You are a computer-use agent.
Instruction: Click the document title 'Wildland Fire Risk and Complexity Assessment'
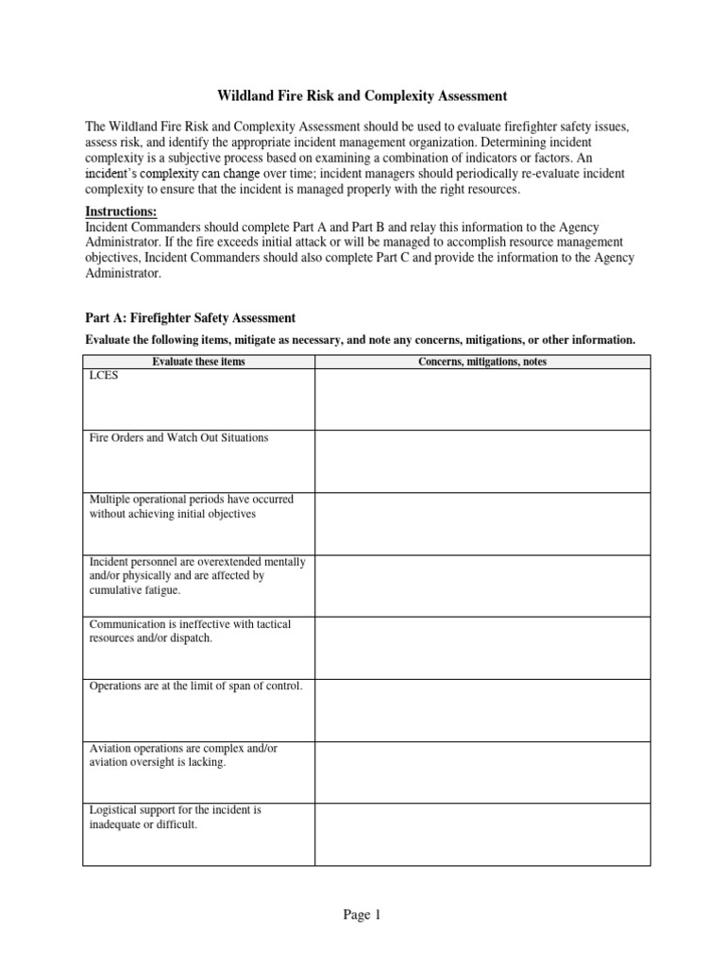pos(362,95)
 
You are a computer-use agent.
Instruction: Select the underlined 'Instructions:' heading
pos(121,211)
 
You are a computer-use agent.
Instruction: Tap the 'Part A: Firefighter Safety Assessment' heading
pos(191,317)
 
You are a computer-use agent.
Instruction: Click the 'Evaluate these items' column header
pos(198,362)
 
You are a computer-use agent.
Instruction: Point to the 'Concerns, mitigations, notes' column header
pos(482,362)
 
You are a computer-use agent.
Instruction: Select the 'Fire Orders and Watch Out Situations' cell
pos(178,438)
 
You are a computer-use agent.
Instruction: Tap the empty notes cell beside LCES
pos(482,399)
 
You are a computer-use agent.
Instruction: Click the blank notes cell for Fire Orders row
pos(482,462)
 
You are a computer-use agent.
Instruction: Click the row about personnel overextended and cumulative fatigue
pos(196,576)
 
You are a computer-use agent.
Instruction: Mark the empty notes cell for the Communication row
pos(482,649)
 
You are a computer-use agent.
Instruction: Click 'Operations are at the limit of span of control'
pos(195,687)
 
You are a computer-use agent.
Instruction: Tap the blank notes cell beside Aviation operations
pos(482,772)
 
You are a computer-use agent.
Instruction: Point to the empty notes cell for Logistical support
pos(482,835)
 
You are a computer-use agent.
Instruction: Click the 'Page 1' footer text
pos(362,914)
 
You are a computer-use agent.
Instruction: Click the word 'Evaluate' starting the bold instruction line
pos(110,340)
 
